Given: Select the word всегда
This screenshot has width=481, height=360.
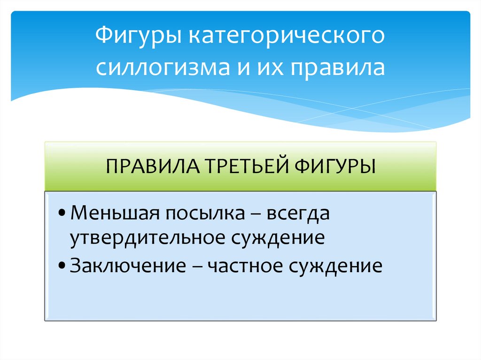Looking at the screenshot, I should coord(299,214).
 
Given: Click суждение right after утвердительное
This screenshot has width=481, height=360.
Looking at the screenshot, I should coord(277,238).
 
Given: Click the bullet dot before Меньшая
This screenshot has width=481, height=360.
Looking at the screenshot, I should coord(62,214).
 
